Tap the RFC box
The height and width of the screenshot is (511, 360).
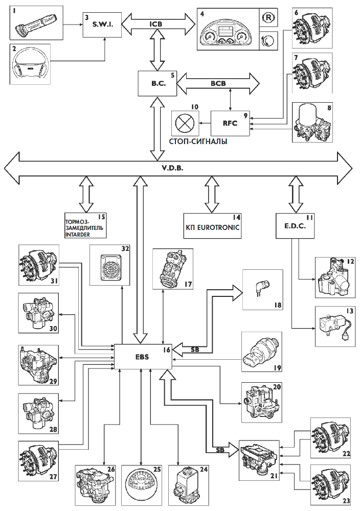[231, 123]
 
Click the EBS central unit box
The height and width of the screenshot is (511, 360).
[143, 356]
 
